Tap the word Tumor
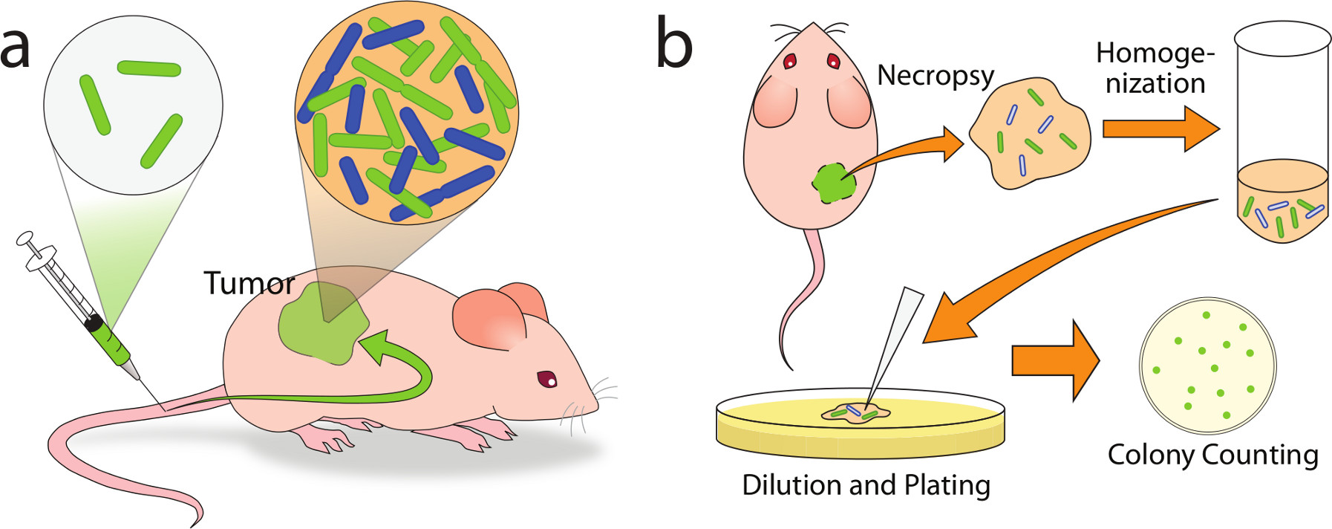[249, 284]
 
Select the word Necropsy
[935, 76]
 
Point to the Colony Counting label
[1212, 455]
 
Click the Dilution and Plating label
[866, 485]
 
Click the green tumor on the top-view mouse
[834, 183]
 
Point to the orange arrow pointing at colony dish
[1055, 360]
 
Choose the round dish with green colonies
[1207, 366]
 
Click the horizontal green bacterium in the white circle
[149, 68]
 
